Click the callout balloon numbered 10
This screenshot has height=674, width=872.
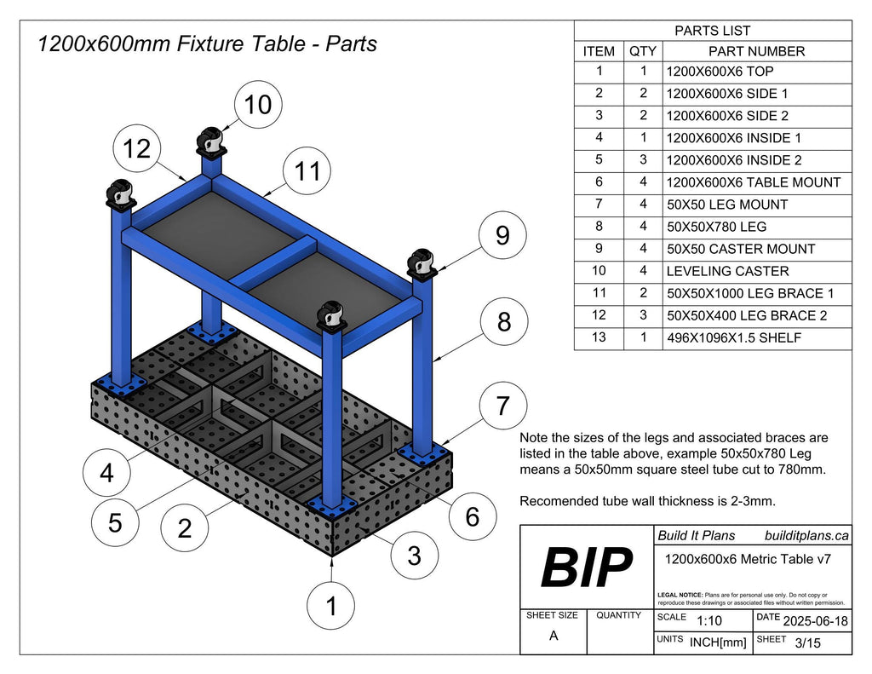(258, 105)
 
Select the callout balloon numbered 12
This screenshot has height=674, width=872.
(136, 149)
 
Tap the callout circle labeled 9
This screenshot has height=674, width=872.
(502, 234)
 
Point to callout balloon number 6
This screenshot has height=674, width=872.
(473, 516)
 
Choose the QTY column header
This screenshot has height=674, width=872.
(642, 51)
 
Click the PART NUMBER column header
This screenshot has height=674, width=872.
(757, 51)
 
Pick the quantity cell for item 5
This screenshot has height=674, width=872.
(642, 160)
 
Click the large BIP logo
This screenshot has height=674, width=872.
(587, 567)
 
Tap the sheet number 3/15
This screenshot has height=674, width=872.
(807, 643)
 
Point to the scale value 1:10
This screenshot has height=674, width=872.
(709, 621)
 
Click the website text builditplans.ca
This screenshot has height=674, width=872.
(805, 535)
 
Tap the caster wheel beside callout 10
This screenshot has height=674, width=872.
(210, 140)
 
